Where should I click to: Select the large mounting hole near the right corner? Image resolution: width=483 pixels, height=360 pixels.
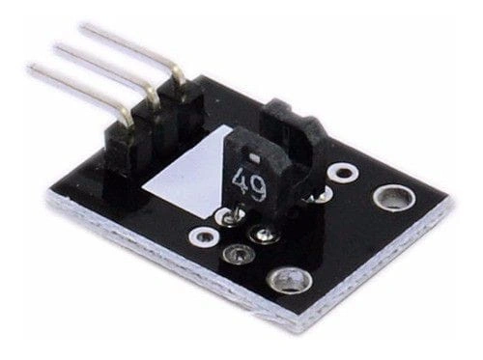(388, 198)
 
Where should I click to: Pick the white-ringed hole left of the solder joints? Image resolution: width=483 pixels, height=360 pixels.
(203, 235)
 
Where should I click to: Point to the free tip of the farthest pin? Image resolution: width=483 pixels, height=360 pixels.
(85, 28)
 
